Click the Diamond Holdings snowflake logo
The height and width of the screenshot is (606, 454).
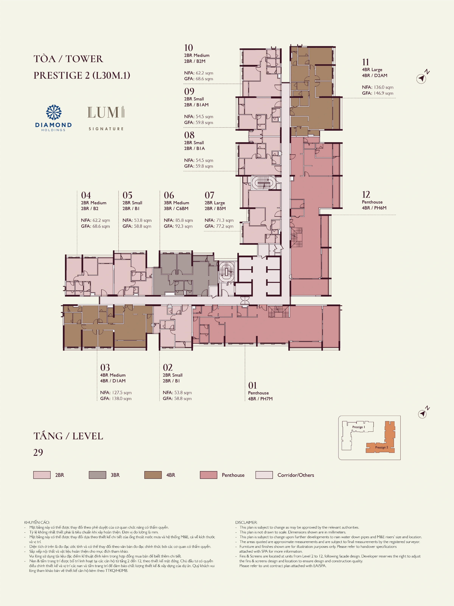(x=54, y=112)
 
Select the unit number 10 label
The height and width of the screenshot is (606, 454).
(x=189, y=48)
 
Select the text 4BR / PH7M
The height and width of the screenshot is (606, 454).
(x=260, y=399)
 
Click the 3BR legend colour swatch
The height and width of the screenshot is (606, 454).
(x=97, y=475)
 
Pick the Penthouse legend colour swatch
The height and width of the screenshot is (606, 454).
(x=208, y=475)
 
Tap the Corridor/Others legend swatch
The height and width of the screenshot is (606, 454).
(x=264, y=475)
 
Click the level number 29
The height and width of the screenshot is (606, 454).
(x=38, y=452)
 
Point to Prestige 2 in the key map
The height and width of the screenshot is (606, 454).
(x=382, y=447)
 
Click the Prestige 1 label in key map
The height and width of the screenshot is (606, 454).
(x=358, y=427)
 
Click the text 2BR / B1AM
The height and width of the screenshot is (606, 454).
(x=196, y=105)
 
